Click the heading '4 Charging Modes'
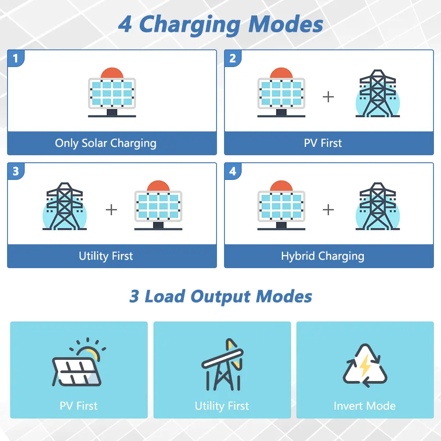point(220,25)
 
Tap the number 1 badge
point(16,58)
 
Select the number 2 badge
point(232,58)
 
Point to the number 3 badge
point(16,171)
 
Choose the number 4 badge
point(232,171)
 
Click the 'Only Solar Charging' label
point(106,143)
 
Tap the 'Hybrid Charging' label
point(323,256)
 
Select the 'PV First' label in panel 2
point(323,143)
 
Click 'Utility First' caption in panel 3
point(106,256)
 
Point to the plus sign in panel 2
point(328,97)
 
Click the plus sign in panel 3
point(111,209)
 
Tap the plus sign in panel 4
point(328,209)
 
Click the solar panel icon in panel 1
point(112,92)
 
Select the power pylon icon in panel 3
point(65,206)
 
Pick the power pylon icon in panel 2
point(378,93)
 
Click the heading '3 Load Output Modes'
point(220,297)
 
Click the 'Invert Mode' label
point(365,406)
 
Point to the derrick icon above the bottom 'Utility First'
point(222,365)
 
